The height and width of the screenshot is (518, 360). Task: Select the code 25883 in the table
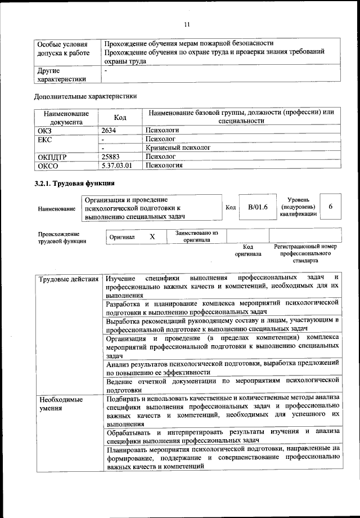[111, 157]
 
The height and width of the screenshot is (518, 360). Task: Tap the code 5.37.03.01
[116, 166]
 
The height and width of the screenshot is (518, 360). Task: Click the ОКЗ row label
[44, 129]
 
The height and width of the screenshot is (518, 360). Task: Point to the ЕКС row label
[44, 139]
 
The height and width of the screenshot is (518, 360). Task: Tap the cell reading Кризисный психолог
[177, 148]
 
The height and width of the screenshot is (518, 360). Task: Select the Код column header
[120, 117]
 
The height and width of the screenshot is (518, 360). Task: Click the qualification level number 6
[331, 207]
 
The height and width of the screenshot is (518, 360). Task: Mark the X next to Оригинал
[152, 236]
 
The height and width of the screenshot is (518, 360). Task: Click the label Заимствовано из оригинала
[196, 236]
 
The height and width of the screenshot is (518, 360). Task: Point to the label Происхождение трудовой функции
[62, 237]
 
